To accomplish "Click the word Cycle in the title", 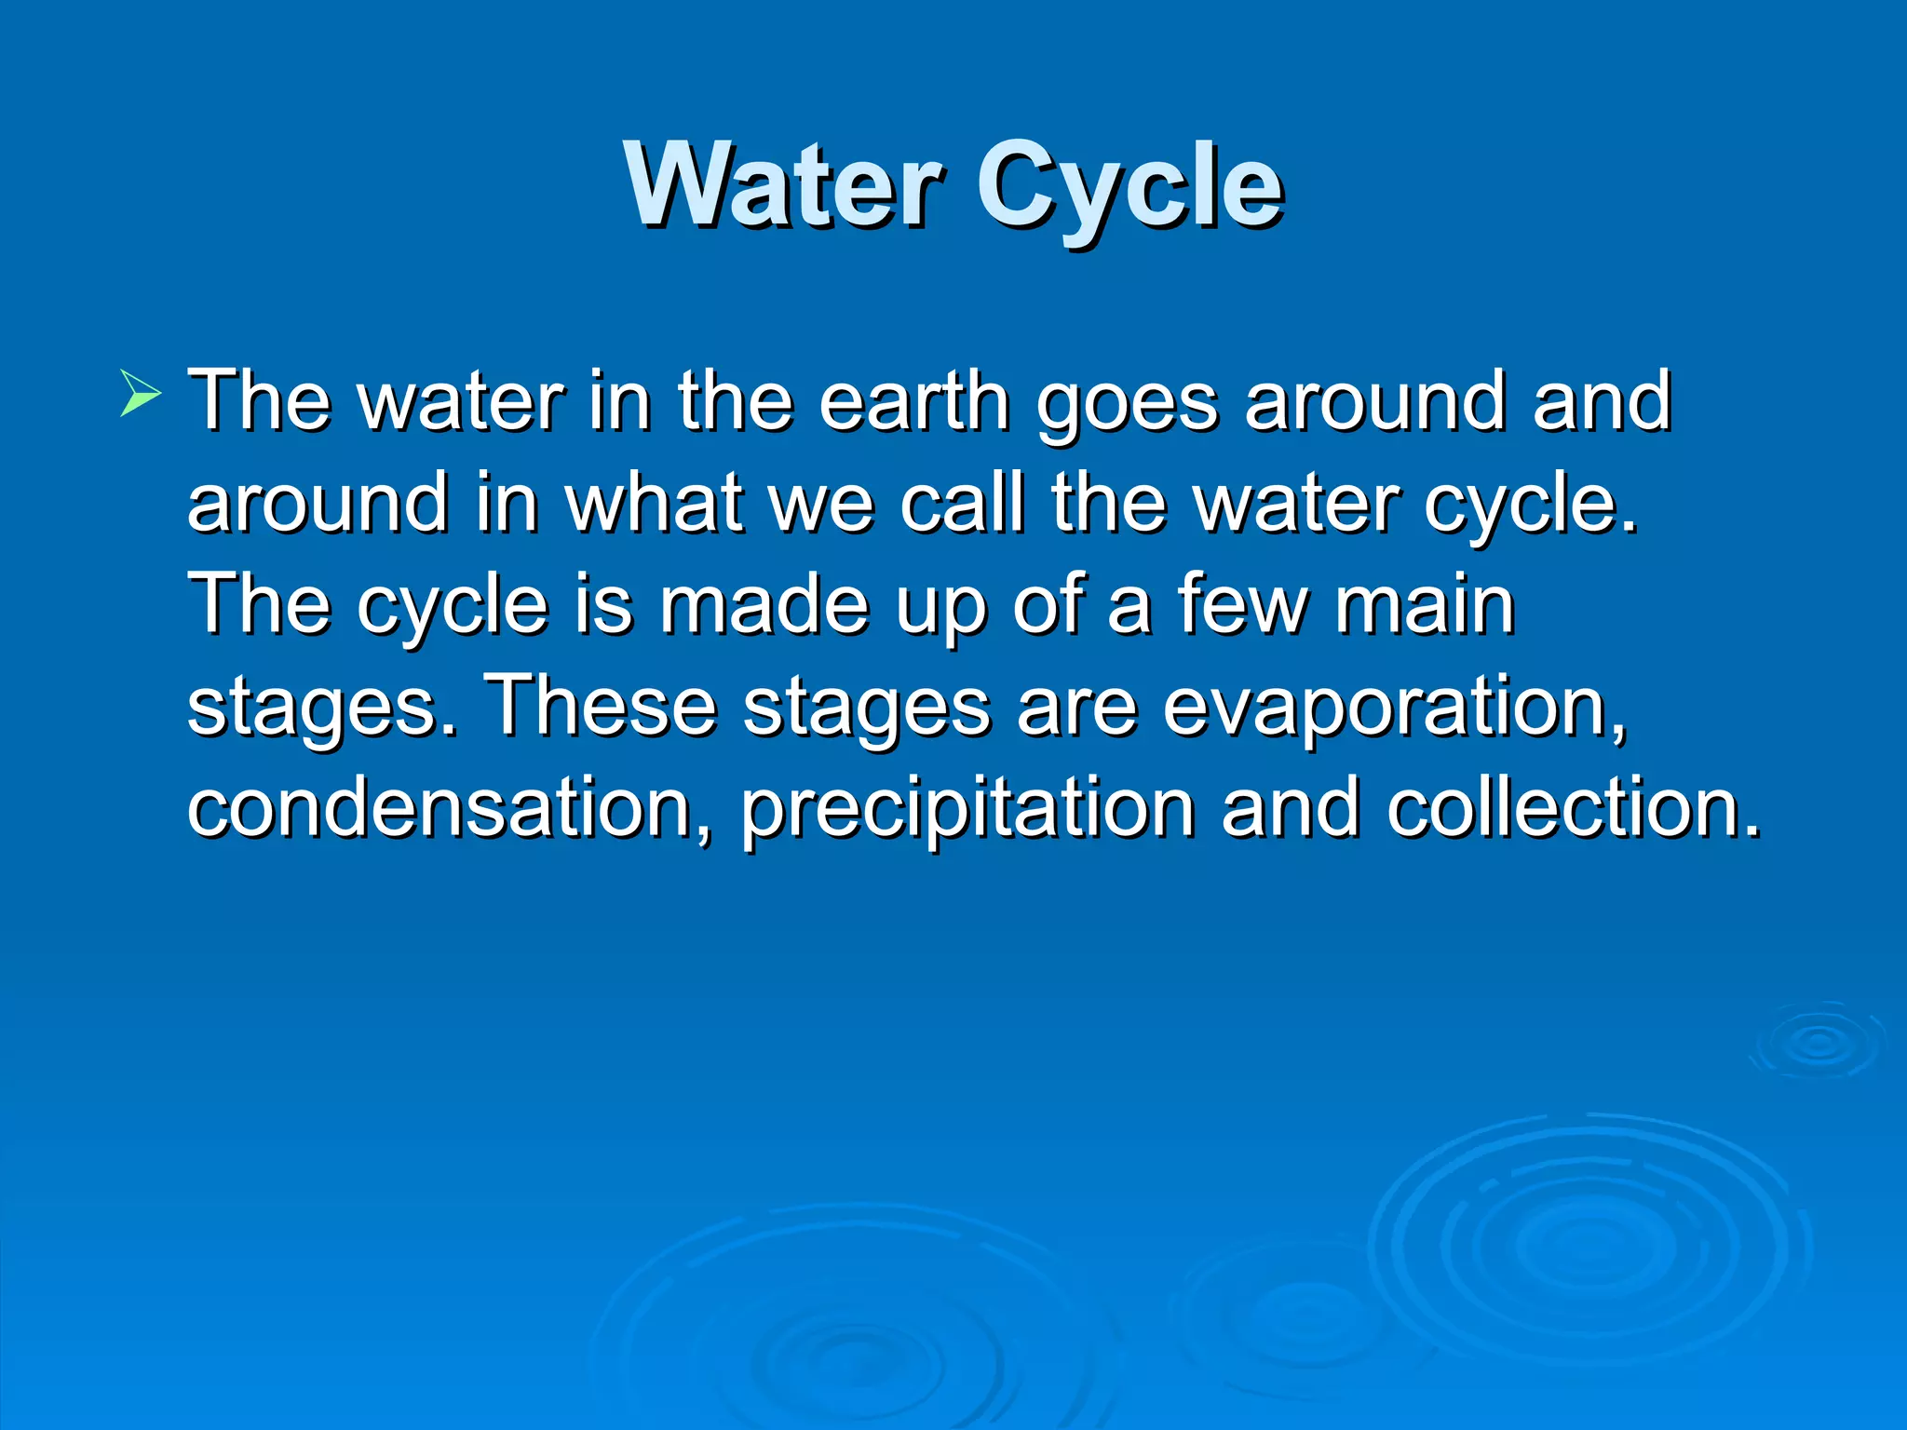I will tap(1129, 191).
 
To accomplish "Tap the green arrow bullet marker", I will tap(141, 392).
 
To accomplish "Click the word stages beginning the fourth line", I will tap(322, 709).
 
